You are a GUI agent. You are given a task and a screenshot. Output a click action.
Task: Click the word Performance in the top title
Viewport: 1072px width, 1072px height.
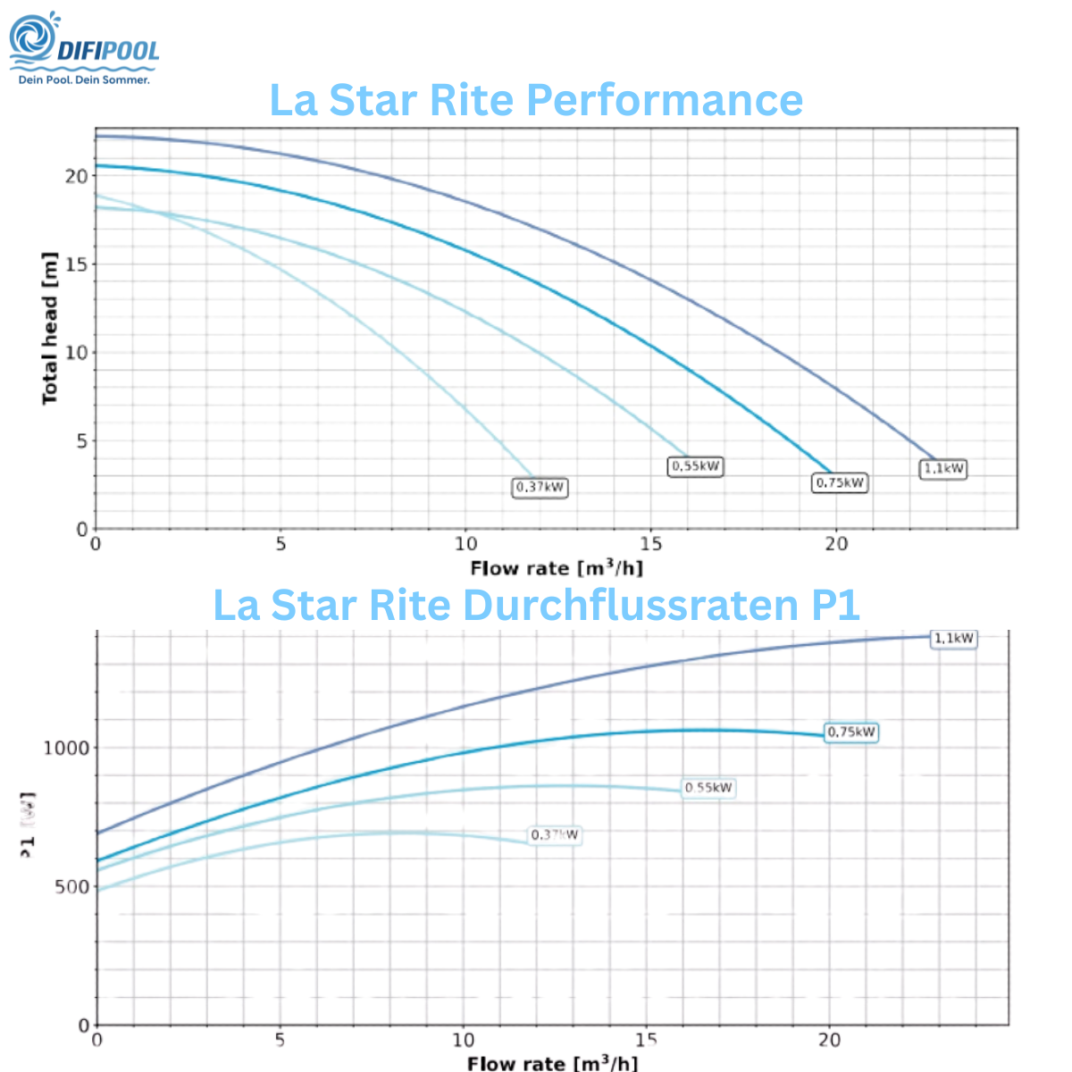pyautogui.click(x=643, y=99)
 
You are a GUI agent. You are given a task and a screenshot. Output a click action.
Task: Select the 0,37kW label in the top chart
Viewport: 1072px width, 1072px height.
pyautogui.click(x=540, y=488)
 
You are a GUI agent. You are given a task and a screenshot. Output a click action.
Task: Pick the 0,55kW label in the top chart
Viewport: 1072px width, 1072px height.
pyautogui.click(x=695, y=466)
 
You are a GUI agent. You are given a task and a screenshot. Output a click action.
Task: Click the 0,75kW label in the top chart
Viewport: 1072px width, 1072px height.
pyautogui.click(x=840, y=483)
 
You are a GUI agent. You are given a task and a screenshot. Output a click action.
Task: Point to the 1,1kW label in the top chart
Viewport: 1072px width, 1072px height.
pyautogui.click(x=943, y=469)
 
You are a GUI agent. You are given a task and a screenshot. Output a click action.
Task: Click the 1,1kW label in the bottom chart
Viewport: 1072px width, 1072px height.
pyautogui.click(x=953, y=639)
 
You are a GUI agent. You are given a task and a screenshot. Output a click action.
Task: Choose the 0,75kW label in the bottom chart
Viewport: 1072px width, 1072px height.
pyautogui.click(x=851, y=733)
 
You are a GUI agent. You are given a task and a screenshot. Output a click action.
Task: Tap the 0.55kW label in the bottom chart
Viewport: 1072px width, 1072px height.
pyautogui.click(x=708, y=788)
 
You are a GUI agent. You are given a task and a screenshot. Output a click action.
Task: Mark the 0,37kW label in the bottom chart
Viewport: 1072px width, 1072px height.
pyautogui.click(x=555, y=835)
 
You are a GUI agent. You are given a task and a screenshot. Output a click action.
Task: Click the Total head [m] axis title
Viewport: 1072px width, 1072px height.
pyautogui.click(x=50, y=328)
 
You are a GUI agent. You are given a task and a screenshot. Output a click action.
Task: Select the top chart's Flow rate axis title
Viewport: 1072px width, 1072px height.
pyautogui.click(x=556, y=568)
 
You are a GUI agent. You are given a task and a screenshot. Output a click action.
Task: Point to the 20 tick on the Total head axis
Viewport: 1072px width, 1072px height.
pyautogui.click(x=76, y=176)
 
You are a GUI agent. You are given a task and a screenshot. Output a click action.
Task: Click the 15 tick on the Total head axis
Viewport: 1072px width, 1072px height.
pyautogui.click(x=76, y=264)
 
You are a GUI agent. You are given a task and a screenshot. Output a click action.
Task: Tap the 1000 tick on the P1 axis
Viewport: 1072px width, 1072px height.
pyautogui.click(x=67, y=749)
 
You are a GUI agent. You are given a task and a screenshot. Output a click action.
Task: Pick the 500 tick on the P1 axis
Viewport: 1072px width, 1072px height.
pyautogui.click(x=72, y=887)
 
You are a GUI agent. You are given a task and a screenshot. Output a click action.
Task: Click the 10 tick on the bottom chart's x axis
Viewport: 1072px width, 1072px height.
pyautogui.click(x=463, y=1040)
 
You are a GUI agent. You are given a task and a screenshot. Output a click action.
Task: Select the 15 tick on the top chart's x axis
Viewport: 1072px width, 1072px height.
pyautogui.click(x=650, y=544)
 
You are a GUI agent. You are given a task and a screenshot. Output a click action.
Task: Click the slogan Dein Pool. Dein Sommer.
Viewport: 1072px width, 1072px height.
pyautogui.click(x=84, y=80)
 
